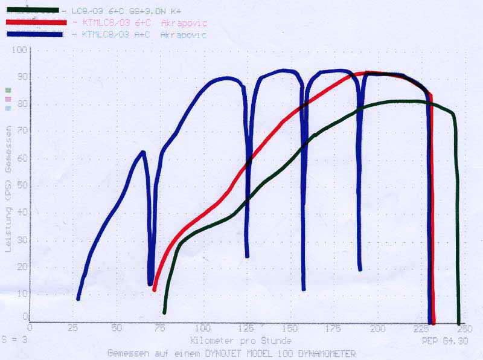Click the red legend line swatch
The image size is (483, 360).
click(35, 22)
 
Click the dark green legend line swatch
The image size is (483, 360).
click(33, 10)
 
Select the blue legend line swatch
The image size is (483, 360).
click(35, 34)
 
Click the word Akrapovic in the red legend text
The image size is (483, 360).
click(184, 23)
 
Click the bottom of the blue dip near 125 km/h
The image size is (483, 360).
click(247, 256)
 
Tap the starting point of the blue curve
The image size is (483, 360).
click(78, 298)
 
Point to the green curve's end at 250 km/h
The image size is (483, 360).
click(458, 323)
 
